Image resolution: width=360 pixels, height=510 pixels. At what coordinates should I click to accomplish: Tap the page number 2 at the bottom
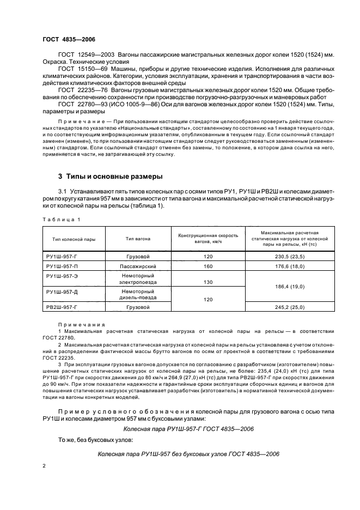[x=44, y=466]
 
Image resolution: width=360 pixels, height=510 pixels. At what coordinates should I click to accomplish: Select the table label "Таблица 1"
[x=61, y=219]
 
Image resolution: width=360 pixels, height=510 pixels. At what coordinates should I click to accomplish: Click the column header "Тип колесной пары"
[x=74, y=239]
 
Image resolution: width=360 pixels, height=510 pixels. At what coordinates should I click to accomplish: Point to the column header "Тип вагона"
[x=138, y=239]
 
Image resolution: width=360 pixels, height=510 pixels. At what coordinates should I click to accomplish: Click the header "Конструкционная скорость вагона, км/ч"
[x=209, y=239]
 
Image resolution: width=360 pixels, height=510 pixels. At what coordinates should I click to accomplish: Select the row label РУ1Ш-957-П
[x=63, y=267]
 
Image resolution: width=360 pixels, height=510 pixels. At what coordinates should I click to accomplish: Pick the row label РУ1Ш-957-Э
[x=63, y=277]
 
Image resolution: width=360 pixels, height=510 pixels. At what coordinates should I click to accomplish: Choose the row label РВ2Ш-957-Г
[x=63, y=307]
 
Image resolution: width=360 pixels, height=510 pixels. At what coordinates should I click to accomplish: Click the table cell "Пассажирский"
[x=138, y=267]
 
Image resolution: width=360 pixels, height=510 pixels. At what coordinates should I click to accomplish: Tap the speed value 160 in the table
[x=208, y=267]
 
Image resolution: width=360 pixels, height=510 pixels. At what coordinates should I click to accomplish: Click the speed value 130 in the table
[x=208, y=282]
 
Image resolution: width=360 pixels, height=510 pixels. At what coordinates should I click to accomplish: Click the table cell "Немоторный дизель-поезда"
[x=138, y=295]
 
